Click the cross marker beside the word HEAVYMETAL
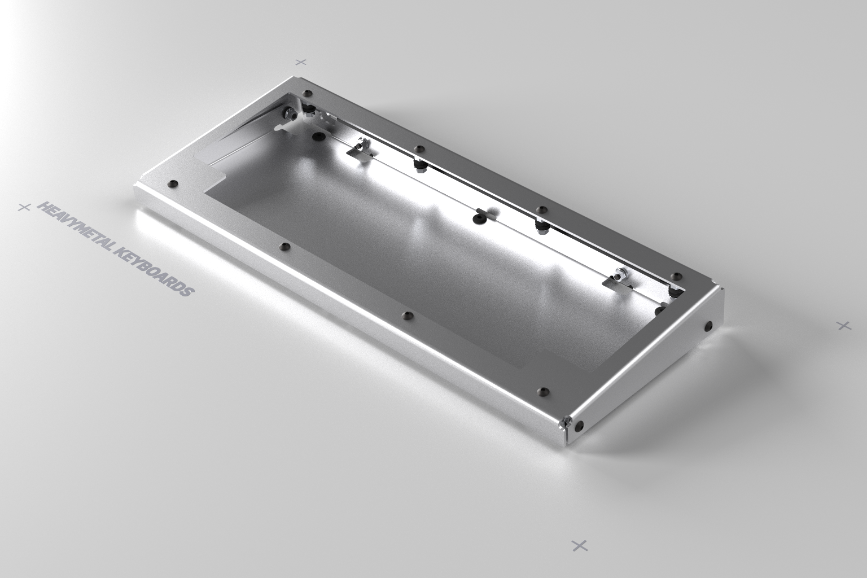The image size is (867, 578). [x=24, y=207]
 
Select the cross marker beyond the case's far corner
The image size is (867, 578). [x=301, y=62]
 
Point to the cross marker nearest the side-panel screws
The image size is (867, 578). [x=843, y=325]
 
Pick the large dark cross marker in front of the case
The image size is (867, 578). [x=580, y=545]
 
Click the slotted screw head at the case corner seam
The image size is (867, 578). [x=563, y=422]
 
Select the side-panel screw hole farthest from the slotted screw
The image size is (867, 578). [x=708, y=326]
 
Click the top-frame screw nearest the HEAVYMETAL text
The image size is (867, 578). [x=173, y=183]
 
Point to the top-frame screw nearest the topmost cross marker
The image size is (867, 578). [x=307, y=93]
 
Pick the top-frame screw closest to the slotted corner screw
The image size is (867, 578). [x=544, y=391]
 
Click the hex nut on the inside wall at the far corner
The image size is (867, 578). [x=290, y=115]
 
